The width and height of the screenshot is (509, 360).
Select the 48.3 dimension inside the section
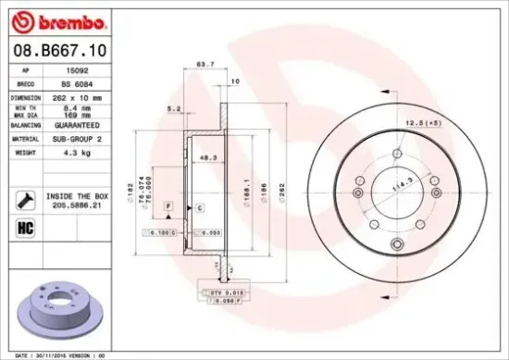pos(209,158)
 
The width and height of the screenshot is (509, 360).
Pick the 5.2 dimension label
pos(171,108)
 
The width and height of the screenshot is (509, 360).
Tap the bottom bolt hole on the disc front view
pos(397,244)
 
